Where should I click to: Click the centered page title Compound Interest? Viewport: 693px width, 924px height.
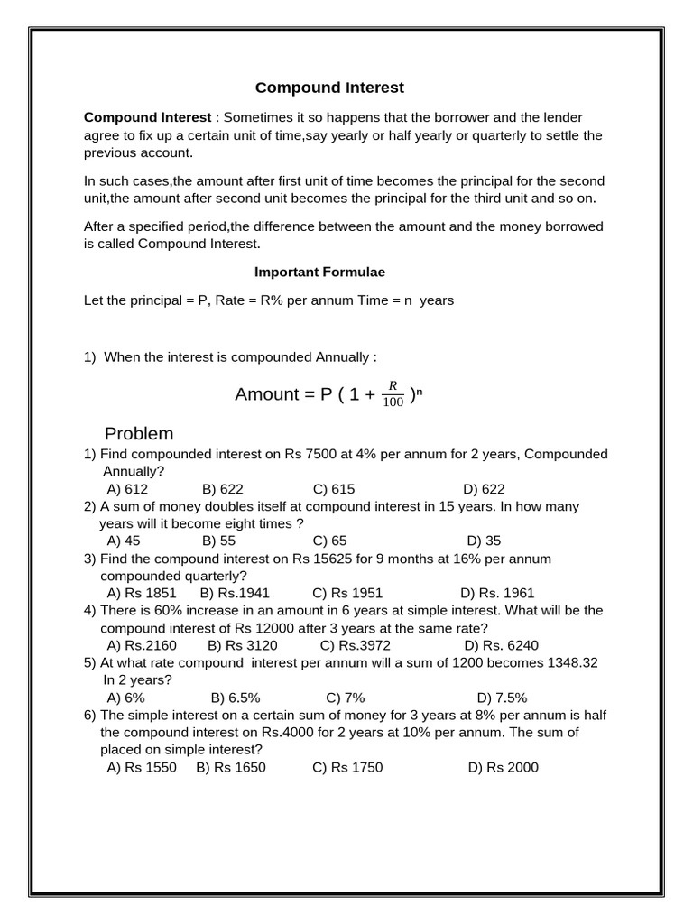(329, 88)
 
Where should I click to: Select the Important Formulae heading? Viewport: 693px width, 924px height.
(319, 272)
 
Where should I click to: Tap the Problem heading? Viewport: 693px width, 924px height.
(139, 433)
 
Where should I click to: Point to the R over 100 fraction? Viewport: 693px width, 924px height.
(393, 394)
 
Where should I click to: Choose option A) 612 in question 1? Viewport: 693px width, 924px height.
(127, 489)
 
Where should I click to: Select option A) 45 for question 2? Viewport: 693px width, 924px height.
(124, 541)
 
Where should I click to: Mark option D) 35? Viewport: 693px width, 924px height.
(484, 541)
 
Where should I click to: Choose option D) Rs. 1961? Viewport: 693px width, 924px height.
(497, 593)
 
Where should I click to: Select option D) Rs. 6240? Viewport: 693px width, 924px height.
(501, 645)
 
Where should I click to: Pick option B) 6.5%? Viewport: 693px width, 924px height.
(236, 698)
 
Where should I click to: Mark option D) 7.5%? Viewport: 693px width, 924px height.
(502, 698)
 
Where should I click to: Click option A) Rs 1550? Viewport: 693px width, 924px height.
(142, 767)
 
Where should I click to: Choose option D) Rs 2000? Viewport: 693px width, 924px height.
(503, 767)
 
